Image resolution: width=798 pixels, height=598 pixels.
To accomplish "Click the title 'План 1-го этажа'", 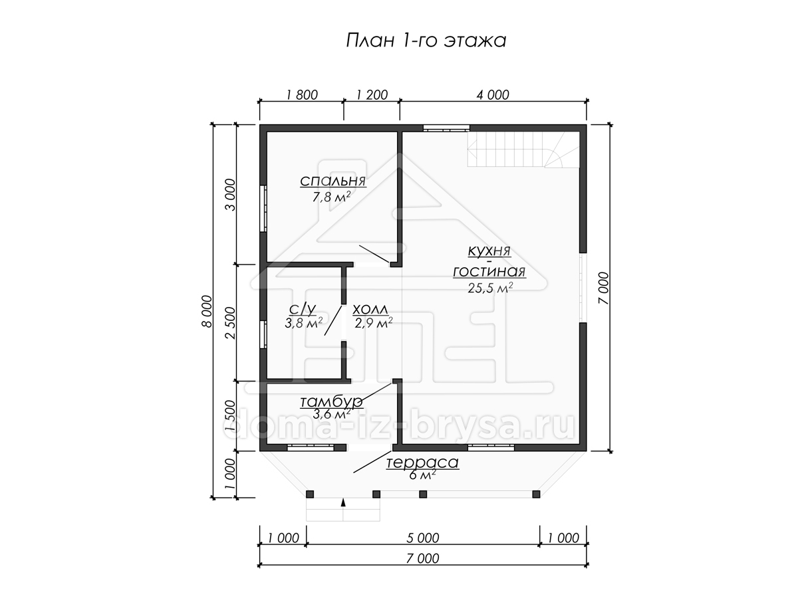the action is pyautogui.click(x=426, y=41).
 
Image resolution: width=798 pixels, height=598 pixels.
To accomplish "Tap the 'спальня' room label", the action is pyautogui.click(x=332, y=181).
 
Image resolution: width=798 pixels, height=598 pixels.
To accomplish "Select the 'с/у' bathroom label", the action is pyautogui.click(x=303, y=309).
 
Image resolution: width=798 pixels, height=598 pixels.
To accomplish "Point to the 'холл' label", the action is pyautogui.click(x=370, y=310).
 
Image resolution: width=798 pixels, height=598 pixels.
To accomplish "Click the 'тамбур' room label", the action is pyautogui.click(x=331, y=402).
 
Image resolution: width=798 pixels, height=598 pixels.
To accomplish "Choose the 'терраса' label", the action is pyautogui.click(x=422, y=463).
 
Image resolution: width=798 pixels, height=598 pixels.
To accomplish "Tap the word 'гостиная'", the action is pyautogui.click(x=489, y=272).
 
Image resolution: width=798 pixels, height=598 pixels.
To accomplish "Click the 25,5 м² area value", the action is pyautogui.click(x=490, y=288).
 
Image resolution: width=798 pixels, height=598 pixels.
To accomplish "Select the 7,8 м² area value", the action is pyautogui.click(x=331, y=197).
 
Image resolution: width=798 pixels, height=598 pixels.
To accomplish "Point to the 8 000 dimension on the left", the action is pyautogui.click(x=207, y=311).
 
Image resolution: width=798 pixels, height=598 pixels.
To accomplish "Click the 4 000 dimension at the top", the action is pyautogui.click(x=493, y=95).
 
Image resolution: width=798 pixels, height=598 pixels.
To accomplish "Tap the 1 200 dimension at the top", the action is pyautogui.click(x=372, y=95).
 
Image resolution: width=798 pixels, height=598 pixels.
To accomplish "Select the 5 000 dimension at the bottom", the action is pyautogui.click(x=423, y=538).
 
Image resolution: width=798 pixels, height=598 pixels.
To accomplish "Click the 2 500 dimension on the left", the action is pyautogui.click(x=231, y=323).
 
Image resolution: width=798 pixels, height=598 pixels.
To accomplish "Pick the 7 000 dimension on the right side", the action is pyautogui.click(x=602, y=288).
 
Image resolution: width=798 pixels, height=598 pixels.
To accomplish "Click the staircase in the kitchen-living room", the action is pyautogui.click(x=523, y=149).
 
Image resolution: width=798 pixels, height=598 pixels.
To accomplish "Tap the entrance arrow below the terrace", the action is pyautogui.click(x=343, y=503).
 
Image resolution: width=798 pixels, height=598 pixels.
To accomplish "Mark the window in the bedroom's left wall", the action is pyautogui.click(x=263, y=209).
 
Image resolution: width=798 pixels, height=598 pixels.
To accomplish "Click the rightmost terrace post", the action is pyautogui.click(x=536, y=494).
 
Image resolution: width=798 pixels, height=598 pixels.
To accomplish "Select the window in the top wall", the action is pyautogui.click(x=446, y=128).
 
